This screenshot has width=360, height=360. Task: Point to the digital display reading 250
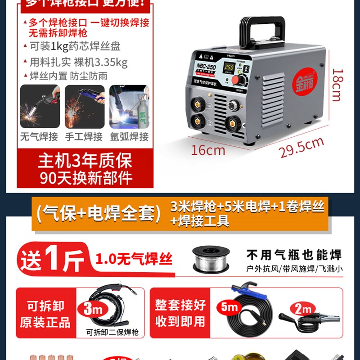coord(229,67)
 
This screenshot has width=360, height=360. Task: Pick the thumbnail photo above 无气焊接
coord(40,107)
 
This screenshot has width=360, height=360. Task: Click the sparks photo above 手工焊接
coord(85,107)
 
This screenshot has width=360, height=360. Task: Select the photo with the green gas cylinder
coord(129,107)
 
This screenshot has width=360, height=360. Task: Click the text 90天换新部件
coord(85,178)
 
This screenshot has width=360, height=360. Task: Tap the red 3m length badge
coord(92,310)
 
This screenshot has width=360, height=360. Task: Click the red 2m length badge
coord(302,310)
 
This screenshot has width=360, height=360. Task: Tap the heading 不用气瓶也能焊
coord(294,255)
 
